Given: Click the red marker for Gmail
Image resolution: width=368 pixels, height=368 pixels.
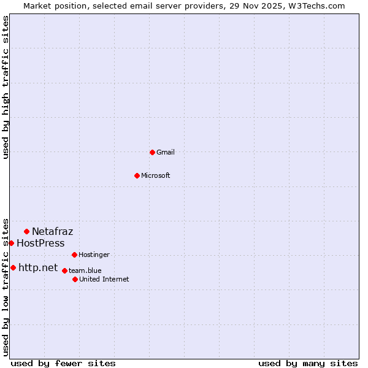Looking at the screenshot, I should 152,152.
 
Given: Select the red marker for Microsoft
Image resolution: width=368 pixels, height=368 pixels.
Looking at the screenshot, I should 137,175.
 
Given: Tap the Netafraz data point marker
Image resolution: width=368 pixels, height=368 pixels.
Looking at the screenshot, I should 26,231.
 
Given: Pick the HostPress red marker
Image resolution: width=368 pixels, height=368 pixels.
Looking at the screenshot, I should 11,243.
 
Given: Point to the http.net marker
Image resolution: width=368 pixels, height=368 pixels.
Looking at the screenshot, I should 13,267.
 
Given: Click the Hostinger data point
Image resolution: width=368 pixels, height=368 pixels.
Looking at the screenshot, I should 74,255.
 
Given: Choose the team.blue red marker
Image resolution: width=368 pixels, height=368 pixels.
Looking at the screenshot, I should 64,270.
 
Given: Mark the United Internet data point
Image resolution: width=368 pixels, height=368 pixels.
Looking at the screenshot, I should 75,279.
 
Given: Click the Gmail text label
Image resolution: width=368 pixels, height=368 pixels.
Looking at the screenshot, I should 166,152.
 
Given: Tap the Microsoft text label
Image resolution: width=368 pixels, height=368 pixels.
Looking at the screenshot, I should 156,175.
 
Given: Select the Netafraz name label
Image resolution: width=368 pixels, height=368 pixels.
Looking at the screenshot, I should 52,231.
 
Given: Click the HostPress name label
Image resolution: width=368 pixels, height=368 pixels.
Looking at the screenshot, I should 40,243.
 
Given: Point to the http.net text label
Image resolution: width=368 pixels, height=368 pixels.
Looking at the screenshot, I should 38,267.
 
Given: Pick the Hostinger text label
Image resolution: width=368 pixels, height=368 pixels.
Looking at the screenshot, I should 94,255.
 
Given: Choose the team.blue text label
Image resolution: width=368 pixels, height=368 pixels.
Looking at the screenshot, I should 85,270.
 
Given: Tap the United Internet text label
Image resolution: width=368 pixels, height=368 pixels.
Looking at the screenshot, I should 104,279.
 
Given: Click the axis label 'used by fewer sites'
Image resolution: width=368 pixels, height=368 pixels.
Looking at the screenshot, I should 63,363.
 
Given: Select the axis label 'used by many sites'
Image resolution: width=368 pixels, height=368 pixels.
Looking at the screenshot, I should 308,363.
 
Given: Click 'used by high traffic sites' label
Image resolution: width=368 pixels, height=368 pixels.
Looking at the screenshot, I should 6,87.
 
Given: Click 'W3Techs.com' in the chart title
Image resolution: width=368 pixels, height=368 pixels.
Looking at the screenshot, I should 317,6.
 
